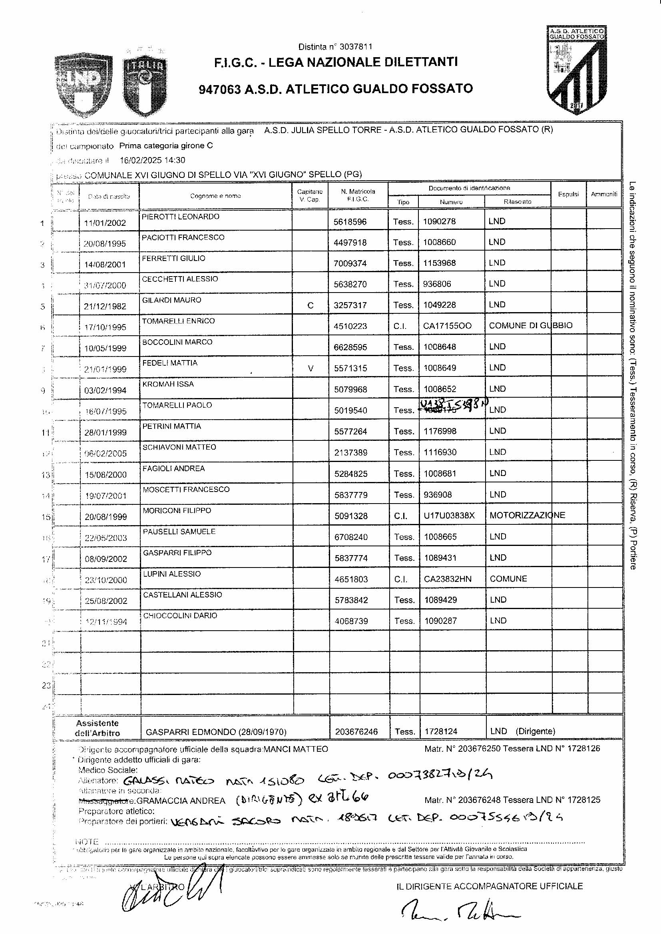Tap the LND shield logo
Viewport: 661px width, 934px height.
pos(84,84)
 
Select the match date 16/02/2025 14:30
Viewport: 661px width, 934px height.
pos(152,160)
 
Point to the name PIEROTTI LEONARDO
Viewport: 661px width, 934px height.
pos(180,217)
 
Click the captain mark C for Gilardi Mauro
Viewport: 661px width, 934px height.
pos(310,305)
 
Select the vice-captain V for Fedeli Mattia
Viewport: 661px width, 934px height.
pos(311,368)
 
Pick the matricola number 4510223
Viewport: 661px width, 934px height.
pos(350,326)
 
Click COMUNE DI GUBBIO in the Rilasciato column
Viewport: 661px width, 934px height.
pos(530,326)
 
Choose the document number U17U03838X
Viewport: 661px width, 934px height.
pos(449,515)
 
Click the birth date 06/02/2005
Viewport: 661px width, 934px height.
pos(106,453)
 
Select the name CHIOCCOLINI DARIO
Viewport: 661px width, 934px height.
pos(180,615)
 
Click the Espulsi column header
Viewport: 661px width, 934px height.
pos(568,194)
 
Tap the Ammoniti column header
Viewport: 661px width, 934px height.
pos(604,194)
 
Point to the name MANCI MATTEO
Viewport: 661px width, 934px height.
pos(295,749)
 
